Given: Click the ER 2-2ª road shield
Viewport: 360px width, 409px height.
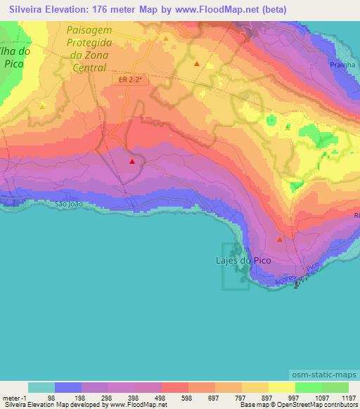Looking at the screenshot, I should coord(130,80).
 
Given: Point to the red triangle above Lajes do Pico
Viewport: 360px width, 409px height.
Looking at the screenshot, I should coord(280,240).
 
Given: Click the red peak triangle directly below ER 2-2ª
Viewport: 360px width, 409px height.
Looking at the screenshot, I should coord(131,162).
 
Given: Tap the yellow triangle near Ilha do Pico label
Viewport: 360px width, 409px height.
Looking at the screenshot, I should coord(42,106).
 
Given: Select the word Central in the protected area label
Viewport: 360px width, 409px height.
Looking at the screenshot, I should coord(89,68).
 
